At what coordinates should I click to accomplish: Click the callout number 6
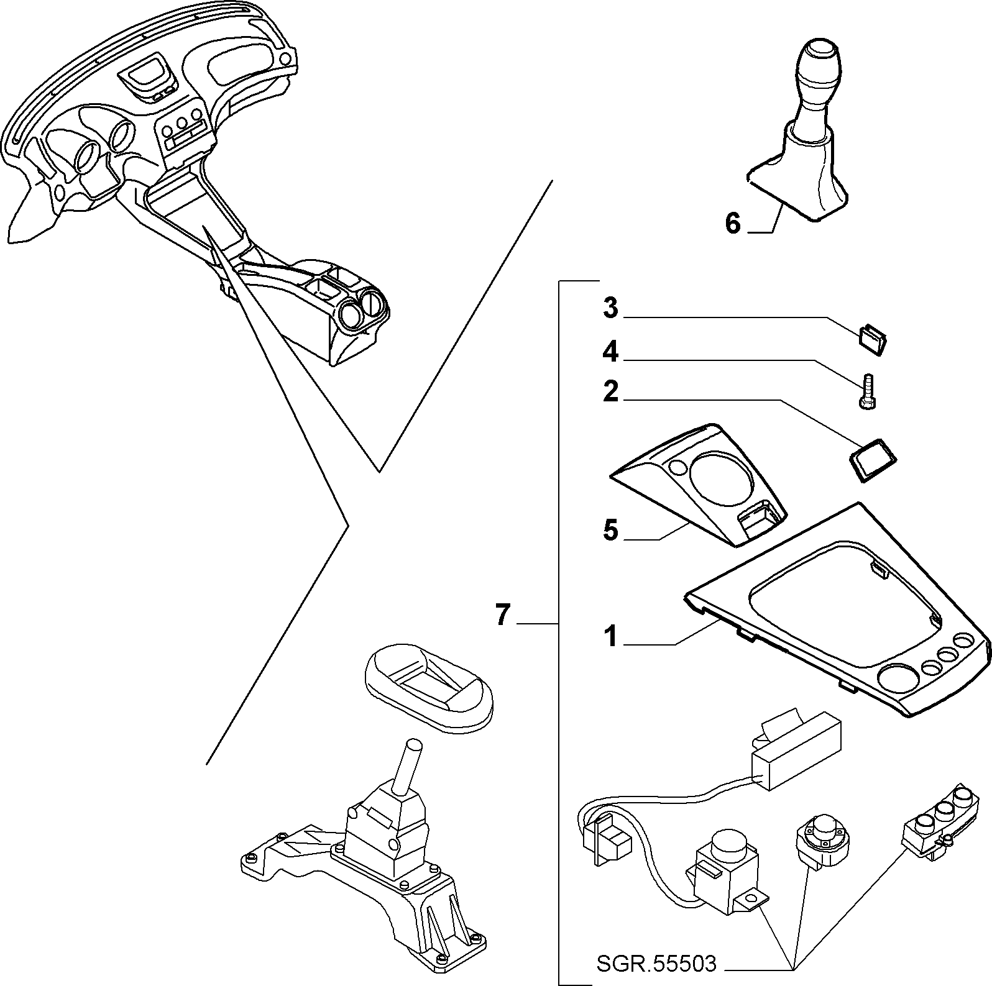point(733,223)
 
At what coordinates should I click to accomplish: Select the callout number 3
point(611,308)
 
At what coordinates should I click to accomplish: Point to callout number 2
point(611,392)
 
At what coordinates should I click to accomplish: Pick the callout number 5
point(611,531)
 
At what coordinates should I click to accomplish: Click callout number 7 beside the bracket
point(503,615)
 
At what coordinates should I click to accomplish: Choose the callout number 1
point(611,636)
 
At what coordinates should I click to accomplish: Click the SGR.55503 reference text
point(656,964)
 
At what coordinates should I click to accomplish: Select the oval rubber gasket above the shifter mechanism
point(428,687)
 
